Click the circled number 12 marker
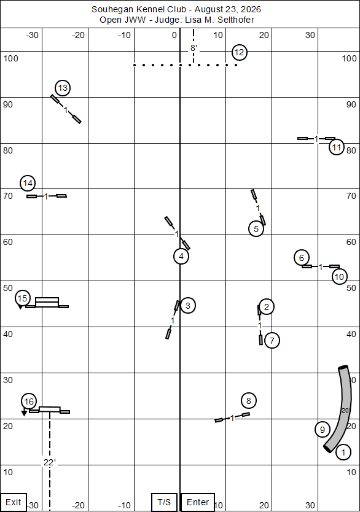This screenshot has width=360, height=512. click(x=239, y=52)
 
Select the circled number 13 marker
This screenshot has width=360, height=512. click(x=63, y=88)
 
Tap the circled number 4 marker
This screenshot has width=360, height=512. click(x=181, y=257)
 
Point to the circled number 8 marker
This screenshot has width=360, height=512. click(x=249, y=401)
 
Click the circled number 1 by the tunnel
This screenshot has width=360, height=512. click(x=343, y=452)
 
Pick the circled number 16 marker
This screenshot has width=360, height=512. click(x=29, y=401)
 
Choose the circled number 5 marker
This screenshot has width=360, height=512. click(x=256, y=229)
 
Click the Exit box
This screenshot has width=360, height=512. click(x=14, y=502)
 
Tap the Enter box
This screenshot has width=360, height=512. click(x=198, y=502)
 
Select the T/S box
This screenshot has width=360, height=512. click(x=164, y=502)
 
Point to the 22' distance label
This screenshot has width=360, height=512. click(x=50, y=462)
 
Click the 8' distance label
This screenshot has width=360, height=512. click(x=194, y=48)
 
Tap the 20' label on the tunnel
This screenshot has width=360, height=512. click(x=345, y=411)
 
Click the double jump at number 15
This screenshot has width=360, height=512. click(x=47, y=303)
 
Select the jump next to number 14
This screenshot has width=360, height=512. click(x=47, y=196)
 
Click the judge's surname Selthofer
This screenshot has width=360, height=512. click(x=236, y=20)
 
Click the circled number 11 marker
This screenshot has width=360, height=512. click(x=337, y=147)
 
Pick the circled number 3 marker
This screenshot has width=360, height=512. click(x=188, y=306)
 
